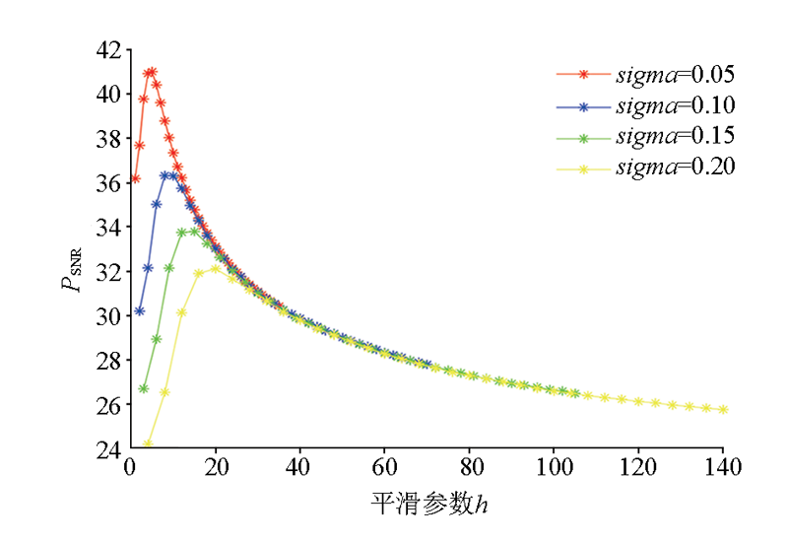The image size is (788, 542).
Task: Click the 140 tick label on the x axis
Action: coord(724,468)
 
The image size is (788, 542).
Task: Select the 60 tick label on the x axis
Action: coord(385,468)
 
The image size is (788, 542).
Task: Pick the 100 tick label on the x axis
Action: coord(555,468)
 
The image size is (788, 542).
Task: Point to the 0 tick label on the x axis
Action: coord(130,468)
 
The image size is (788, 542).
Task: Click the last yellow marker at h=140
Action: coord(723,410)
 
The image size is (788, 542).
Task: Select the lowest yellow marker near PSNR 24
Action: coord(148,444)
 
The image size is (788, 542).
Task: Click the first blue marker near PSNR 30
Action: coord(139,311)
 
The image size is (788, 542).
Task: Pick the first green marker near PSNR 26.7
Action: coord(144,388)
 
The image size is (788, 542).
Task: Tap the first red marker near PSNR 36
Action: coord(135,179)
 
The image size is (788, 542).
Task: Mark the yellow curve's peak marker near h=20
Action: coord(215,268)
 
